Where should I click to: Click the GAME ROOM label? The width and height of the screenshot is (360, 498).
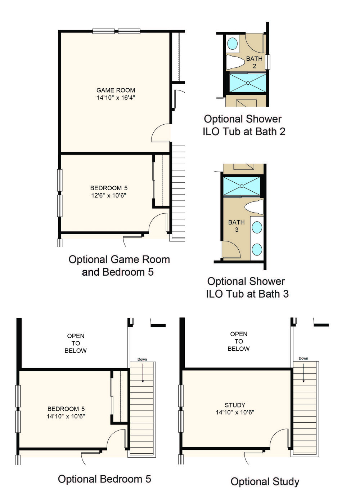click(116, 90)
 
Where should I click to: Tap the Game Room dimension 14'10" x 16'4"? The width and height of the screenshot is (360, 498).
click(116, 98)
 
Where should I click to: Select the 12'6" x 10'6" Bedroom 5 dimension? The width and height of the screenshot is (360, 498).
click(109, 195)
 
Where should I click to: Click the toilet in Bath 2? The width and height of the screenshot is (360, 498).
click(235, 62)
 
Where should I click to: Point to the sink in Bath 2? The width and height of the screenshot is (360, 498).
click(233, 44)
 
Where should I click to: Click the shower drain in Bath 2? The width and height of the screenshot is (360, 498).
click(248, 83)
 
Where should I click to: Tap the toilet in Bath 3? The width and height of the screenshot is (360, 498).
click(254, 207)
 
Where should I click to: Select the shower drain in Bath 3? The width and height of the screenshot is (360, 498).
click(242, 186)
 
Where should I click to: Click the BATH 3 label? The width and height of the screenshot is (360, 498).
click(237, 226)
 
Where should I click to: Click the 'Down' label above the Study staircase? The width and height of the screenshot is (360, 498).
click(303, 358)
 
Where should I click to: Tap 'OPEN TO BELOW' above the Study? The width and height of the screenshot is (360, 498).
click(239, 341)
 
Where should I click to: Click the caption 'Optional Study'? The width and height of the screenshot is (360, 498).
click(265, 481)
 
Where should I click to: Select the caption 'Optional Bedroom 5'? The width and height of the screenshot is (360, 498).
click(104, 479)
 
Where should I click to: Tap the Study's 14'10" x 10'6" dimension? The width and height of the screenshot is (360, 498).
click(235, 412)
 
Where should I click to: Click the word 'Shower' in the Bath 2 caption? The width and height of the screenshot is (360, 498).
click(264, 119)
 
